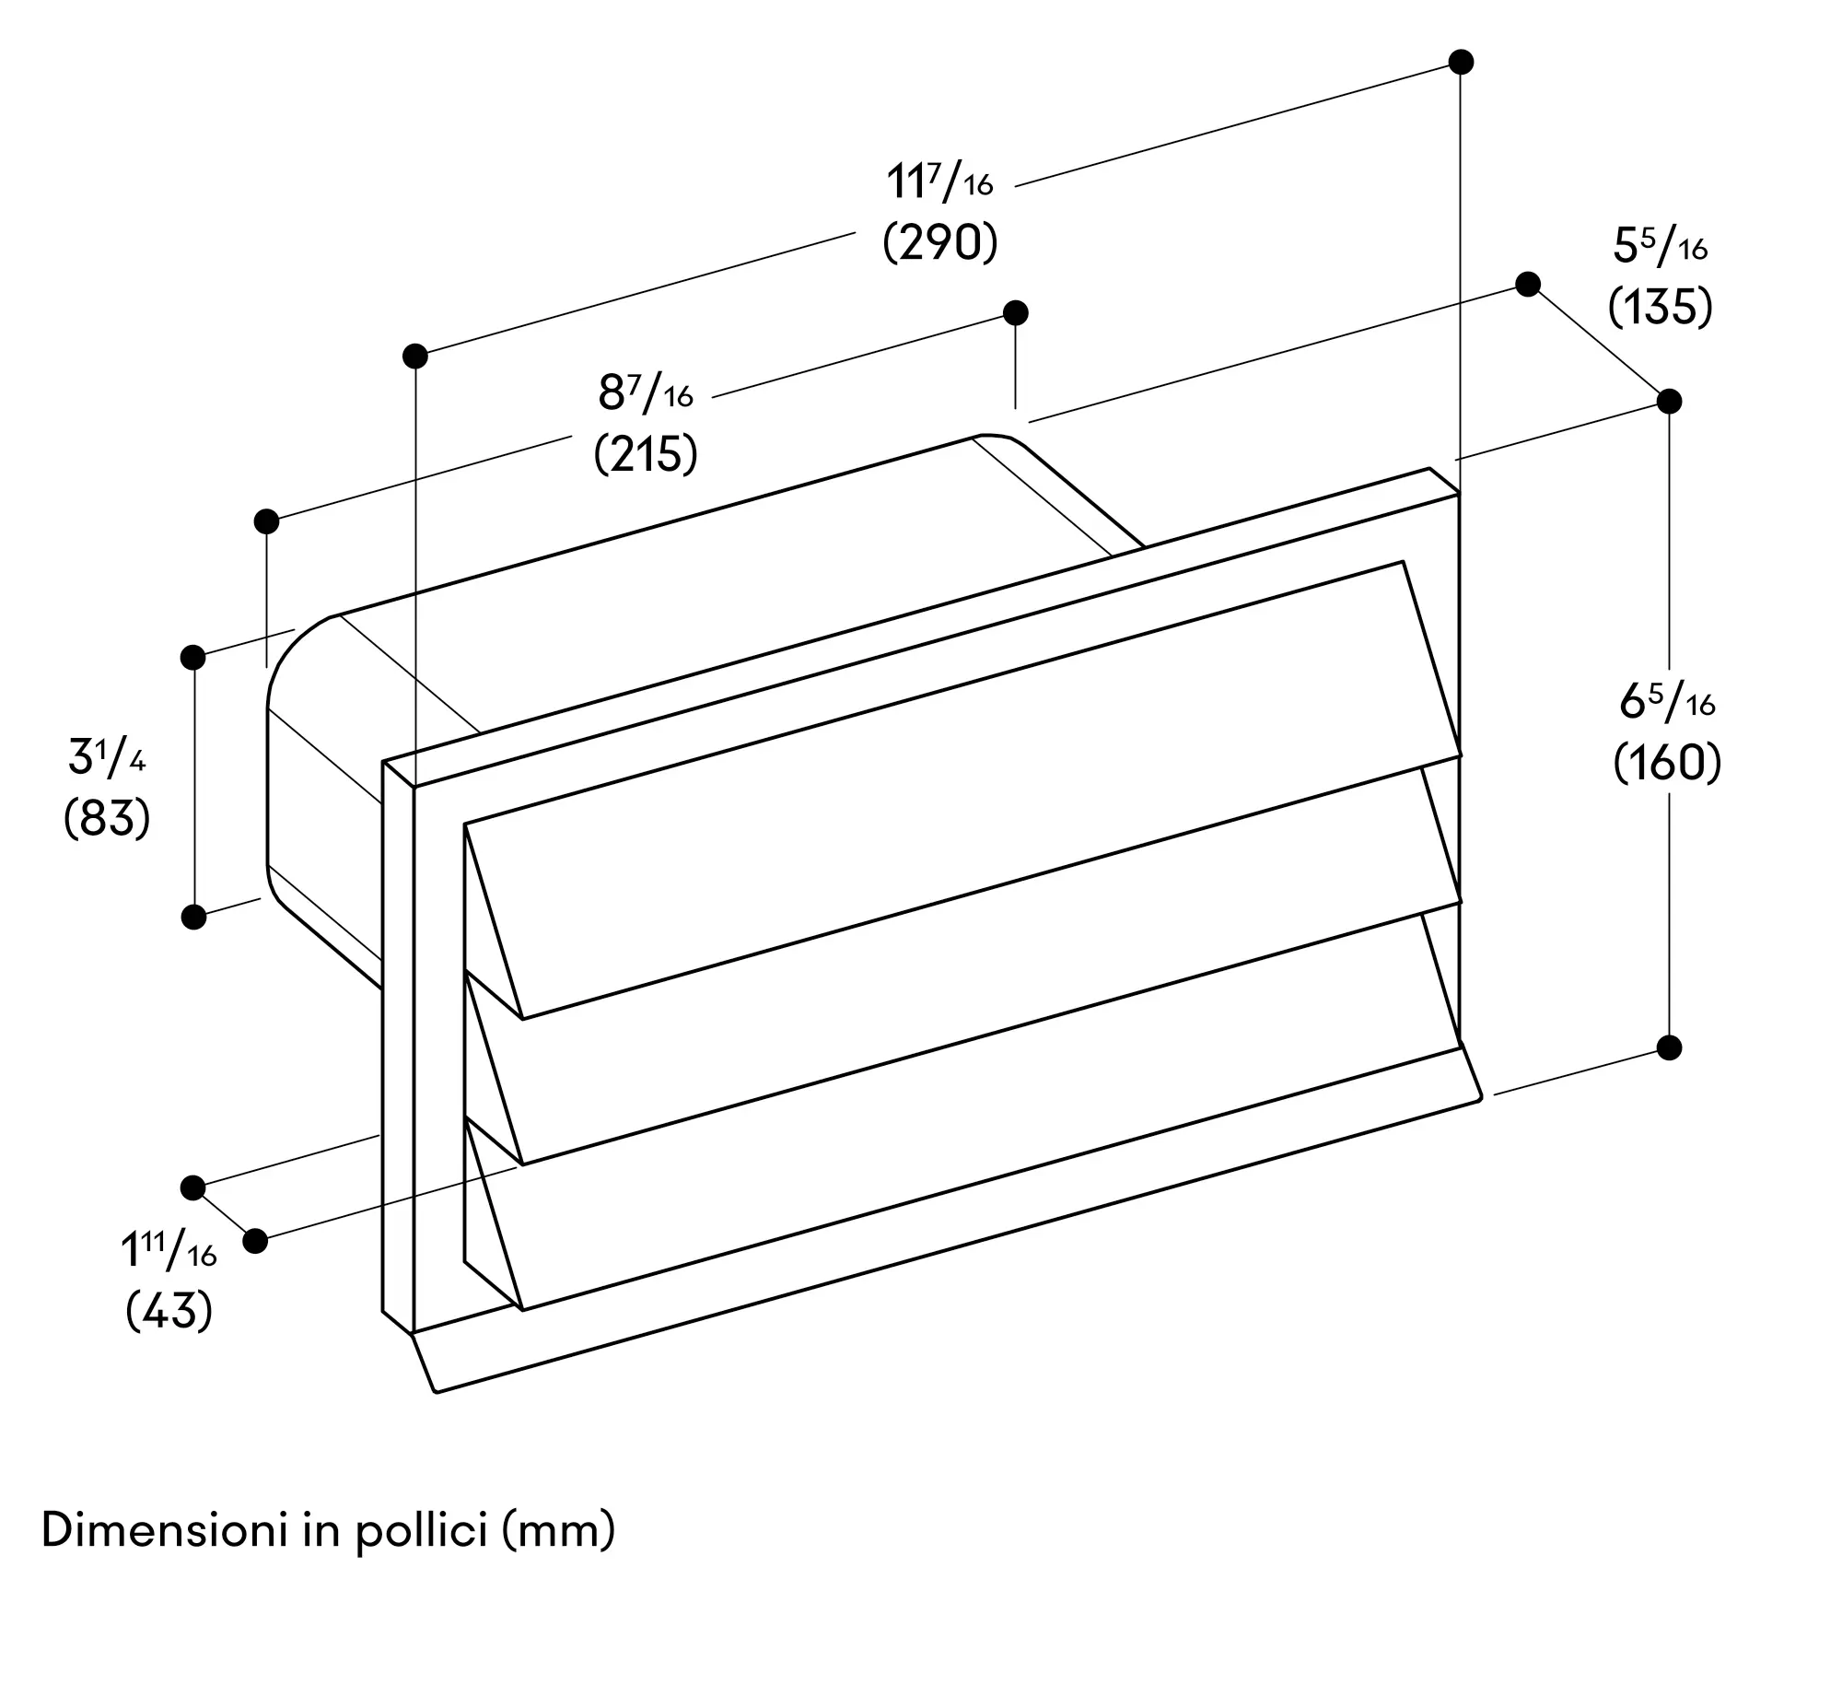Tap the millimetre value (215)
coord(646,454)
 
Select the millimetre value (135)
coord(1661,307)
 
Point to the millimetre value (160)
coord(1667,764)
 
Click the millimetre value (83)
coord(107,817)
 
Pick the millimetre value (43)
coord(169,1310)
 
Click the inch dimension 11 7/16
coord(939,181)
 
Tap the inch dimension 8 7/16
coord(646,392)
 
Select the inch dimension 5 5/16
coord(1661,246)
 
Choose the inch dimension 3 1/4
coord(107,756)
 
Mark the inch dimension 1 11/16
coord(169,1250)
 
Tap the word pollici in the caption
coord(421,1534)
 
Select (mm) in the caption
coord(558,1533)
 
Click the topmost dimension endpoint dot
coord(1461,62)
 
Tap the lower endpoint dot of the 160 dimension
coord(1669,1047)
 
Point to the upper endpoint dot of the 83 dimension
coord(193,657)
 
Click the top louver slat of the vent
coord(962,790)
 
